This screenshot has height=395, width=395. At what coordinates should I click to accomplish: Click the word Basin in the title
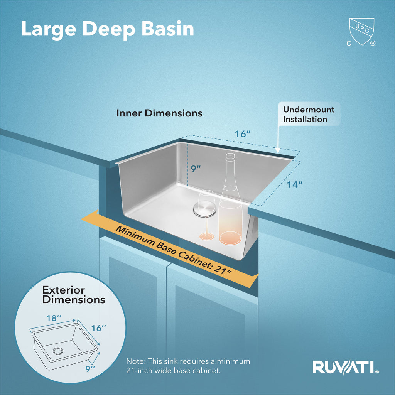168,29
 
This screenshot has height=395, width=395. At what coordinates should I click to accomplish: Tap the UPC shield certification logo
361,32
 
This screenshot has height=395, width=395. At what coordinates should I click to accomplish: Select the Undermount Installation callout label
309,114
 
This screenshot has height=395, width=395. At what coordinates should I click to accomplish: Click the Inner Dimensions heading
159,113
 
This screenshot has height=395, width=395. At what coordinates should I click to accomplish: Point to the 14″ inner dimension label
294,185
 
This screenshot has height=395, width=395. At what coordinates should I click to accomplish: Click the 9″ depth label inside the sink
196,169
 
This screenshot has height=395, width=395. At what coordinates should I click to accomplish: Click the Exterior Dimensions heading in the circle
74,294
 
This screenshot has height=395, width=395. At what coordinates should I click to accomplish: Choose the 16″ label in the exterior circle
98,328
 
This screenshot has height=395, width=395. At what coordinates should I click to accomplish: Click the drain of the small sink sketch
58,351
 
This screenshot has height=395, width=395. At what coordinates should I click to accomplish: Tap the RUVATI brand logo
346,367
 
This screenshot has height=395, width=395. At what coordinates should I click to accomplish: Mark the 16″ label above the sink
243,134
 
